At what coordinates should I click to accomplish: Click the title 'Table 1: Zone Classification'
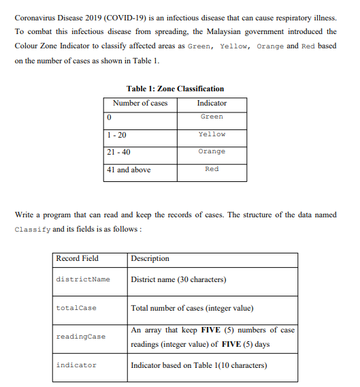pos(175,89)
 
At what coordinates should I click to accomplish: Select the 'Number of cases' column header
pos(140,103)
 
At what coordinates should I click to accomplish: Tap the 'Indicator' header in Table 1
pos(212,103)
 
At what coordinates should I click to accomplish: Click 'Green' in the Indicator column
pos(212,117)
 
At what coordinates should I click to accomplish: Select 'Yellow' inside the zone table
pos(212,134)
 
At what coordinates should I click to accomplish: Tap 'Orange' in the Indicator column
pos(212,151)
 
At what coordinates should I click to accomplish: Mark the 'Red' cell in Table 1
pos(212,169)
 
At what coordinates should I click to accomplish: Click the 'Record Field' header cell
pos(77,258)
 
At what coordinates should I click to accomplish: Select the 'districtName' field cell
pos(82,279)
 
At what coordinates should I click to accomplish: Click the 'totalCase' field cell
pos(76,308)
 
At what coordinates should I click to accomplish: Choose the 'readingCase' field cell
pos(80,337)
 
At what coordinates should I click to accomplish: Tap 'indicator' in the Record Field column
pos(76,365)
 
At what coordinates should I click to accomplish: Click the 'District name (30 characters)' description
pos(178,279)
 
